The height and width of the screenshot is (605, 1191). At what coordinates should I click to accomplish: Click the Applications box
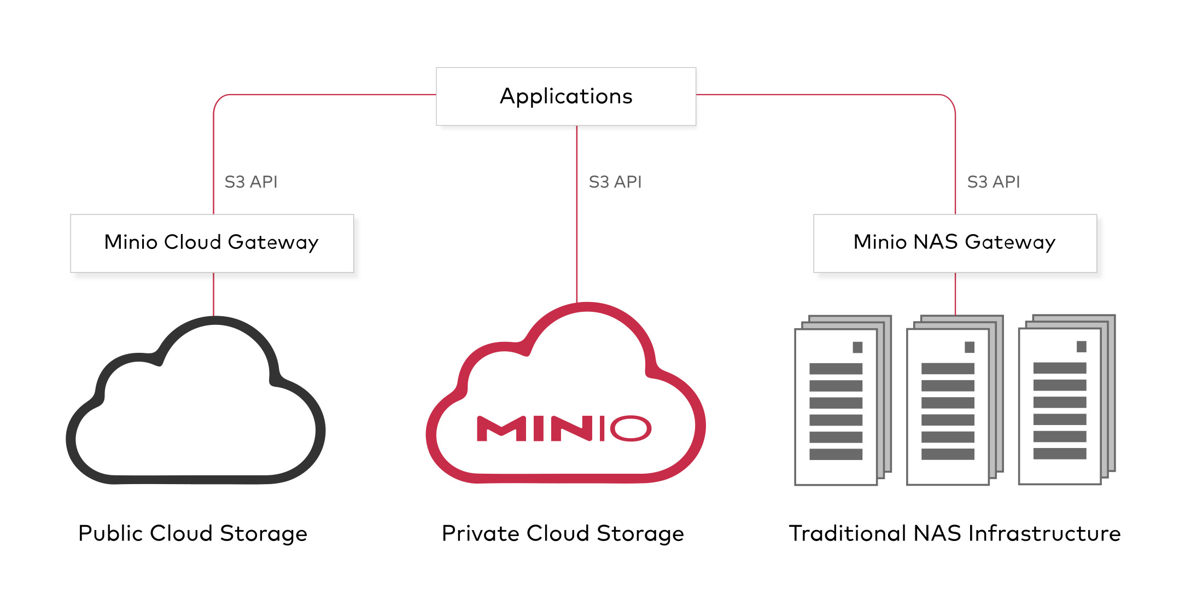tap(566, 96)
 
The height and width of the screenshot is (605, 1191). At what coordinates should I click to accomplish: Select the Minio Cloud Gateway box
tap(212, 243)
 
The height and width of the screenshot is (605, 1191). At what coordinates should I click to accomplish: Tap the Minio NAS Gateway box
tap(955, 243)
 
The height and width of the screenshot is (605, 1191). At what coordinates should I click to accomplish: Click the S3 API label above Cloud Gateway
tap(251, 182)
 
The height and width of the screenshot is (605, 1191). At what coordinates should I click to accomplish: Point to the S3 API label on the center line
tap(615, 182)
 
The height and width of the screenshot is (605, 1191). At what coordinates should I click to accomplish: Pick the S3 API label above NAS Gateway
tap(994, 182)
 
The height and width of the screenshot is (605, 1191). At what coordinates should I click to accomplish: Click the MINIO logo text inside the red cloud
tap(564, 428)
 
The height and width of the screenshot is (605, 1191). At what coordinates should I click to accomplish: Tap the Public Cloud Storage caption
tap(192, 533)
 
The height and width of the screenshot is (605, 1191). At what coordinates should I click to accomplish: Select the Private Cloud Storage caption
tap(563, 533)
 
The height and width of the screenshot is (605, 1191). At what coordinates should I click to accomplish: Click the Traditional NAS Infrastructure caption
tap(955, 533)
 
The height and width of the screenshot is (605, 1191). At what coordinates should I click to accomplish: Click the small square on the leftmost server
tap(857, 347)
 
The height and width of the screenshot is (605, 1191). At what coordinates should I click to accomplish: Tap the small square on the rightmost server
tap(1081, 347)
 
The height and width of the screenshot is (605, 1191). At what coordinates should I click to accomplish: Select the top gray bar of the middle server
tap(948, 369)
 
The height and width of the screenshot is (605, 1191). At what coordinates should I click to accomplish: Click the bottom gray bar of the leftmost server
tap(836, 454)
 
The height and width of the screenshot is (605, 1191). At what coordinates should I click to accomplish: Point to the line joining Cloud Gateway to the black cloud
tap(214, 294)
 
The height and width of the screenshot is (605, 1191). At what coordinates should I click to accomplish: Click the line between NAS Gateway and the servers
tap(955, 294)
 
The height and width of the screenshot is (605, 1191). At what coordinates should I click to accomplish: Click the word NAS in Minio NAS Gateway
tap(936, 242)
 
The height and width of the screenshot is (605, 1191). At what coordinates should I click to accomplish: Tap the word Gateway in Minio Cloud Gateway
tap(273, 243)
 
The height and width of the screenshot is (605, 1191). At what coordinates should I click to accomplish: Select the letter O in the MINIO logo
tap(630, 428)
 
